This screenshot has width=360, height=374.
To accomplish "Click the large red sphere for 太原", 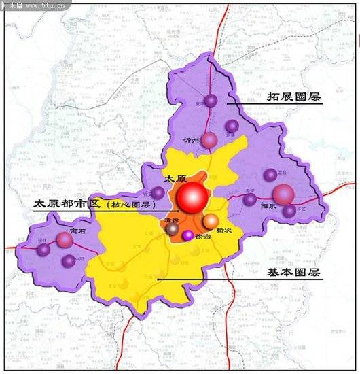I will click(192, 198).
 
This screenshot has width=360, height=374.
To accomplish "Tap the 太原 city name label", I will click(175, 178).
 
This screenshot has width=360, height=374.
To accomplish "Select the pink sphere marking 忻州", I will click(209, 140).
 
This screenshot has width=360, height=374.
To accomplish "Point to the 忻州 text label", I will click(192, 140).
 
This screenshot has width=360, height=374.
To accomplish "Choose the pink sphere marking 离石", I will click(65, 239).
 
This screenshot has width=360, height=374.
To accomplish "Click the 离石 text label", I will click(76, 231).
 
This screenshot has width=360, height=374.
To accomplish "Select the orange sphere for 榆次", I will click(211, 221).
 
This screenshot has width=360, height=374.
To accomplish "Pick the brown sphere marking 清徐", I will click(173, 229).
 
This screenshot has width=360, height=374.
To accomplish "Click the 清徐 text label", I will click(172, 220).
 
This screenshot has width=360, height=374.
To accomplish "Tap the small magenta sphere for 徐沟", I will click(187, 235).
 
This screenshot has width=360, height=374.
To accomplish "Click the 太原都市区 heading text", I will click(67, 203).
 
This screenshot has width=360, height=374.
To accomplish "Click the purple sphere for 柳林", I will click(44, 250).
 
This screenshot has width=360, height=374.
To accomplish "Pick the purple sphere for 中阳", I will click(68, 260).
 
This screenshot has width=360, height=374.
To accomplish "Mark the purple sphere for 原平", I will click(211, 101).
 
